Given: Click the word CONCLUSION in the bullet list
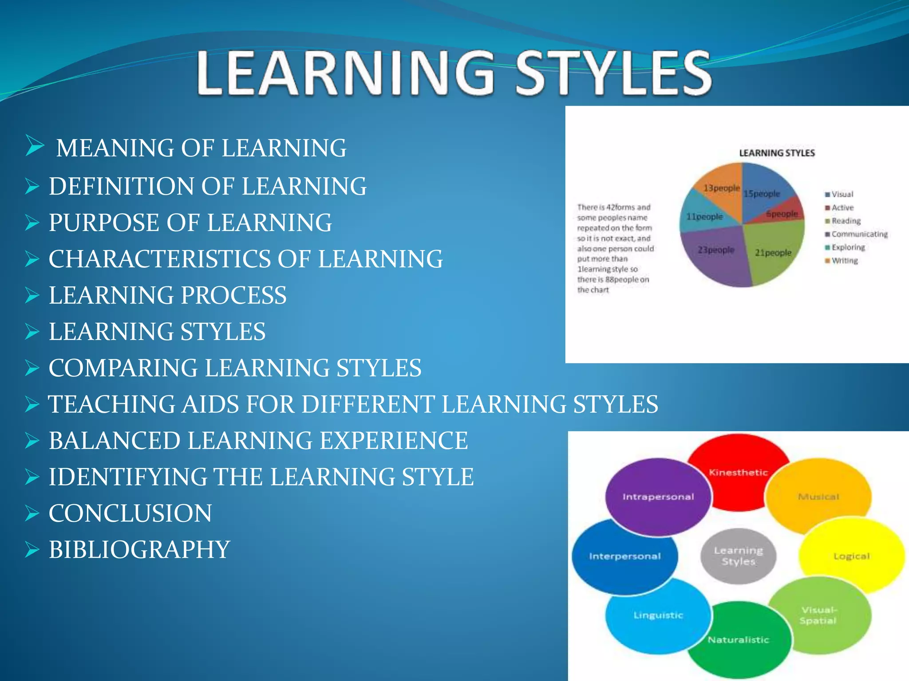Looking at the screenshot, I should [x=130, y=513].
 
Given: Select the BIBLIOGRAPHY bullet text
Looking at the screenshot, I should [x=139, y=550].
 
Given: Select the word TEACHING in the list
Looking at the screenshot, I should [x=111, y=404].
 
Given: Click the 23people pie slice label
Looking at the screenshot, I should [x=715, y=250].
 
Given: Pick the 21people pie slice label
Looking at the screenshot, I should [x=773, y=253].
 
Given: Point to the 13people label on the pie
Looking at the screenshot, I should [x=722, y=188].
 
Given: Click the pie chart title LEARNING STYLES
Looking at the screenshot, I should [x=777, y=153].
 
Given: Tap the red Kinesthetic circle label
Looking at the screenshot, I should [x=738, y=473].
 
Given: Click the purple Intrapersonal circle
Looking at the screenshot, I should [x=658, y=497].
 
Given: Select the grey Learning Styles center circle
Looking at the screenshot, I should [x=738, y=556].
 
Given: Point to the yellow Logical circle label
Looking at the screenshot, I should [x=851, y=556].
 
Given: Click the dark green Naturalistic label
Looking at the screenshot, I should [x=738, y=640].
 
